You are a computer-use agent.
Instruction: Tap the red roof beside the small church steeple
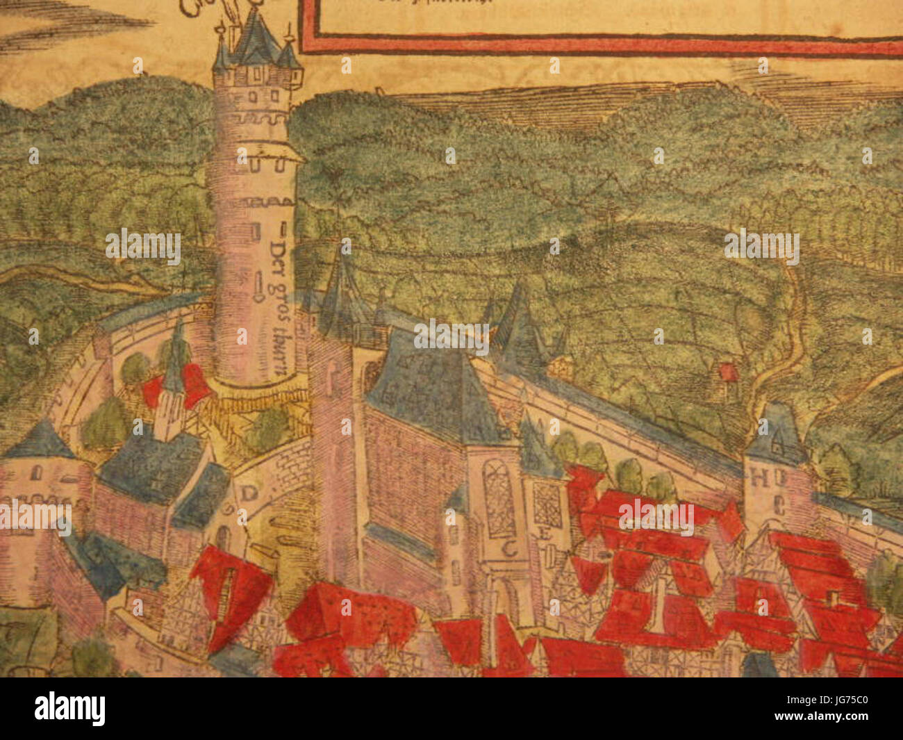196,386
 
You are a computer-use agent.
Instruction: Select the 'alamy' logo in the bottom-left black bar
69,709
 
